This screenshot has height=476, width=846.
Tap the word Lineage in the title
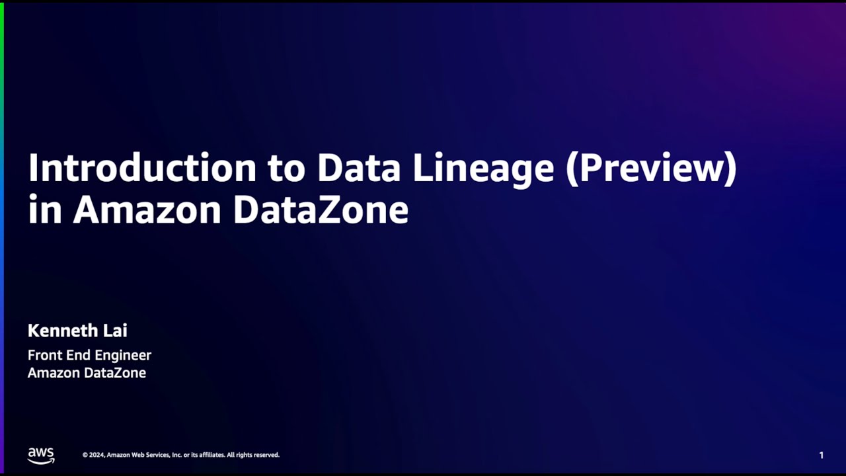483,169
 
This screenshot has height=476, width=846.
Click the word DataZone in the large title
321,210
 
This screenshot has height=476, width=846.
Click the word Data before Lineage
358,169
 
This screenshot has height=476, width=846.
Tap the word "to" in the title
286,169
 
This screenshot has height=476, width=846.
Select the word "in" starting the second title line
44,210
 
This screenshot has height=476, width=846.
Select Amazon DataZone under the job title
87,373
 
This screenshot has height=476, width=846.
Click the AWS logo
41,456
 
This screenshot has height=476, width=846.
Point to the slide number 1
822,456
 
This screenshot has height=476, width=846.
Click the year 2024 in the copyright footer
96,455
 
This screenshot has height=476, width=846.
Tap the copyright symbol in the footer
85,455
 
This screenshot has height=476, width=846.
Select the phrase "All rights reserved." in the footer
253,455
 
